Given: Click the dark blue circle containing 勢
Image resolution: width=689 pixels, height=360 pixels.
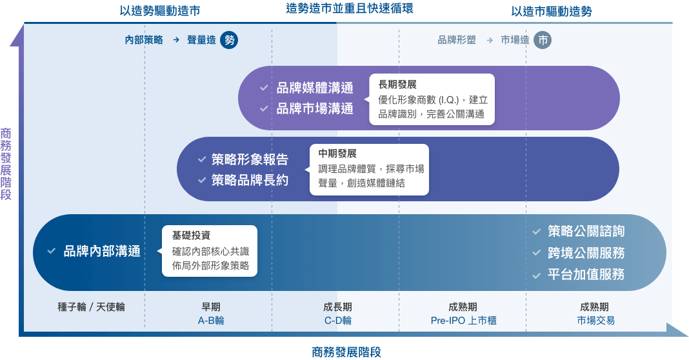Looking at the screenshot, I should [229, 40].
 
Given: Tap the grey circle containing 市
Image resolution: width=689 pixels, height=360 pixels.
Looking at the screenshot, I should [543, 40].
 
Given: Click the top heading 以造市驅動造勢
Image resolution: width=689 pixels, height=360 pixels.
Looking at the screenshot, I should [551, 11].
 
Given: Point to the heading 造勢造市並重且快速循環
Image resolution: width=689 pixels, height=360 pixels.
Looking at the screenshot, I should [348, 8].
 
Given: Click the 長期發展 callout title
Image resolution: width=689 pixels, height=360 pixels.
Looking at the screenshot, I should [397, 85].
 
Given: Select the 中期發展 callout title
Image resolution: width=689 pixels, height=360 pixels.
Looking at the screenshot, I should [337, 154].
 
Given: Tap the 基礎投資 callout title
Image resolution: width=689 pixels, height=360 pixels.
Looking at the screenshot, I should [191, 235].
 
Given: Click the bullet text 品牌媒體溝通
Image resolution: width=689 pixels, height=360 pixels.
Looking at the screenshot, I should [315, 89].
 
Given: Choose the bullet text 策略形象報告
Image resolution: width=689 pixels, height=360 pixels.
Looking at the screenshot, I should [250, 160].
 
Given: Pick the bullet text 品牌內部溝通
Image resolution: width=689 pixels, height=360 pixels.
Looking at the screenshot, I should [102, 252].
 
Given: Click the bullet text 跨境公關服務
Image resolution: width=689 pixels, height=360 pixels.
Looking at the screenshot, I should [586, 253].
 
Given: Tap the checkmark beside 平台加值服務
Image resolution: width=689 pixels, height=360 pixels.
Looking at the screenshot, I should [537, 275].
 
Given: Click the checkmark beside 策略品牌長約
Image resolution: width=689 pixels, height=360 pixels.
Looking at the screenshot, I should [201, 181].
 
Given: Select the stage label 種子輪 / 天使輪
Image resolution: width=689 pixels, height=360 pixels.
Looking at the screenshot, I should [91, 307].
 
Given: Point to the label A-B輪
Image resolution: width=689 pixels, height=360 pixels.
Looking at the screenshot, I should [211, 321].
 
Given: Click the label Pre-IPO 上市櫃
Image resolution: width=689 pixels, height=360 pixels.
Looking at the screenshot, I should [463, 321].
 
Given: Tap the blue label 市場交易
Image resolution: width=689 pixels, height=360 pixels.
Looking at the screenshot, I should [595, 321].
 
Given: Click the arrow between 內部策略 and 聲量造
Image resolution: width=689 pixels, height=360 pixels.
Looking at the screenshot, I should [175, 40].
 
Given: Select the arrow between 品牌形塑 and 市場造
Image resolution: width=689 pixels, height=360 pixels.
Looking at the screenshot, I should [489, 40].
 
